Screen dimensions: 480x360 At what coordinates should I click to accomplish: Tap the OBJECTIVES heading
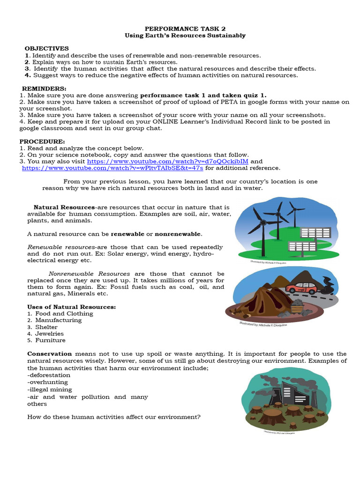(46, 48)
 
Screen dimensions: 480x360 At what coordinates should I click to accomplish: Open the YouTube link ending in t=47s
(112, 168)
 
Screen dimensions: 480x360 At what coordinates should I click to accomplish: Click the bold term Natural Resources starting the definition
(64, 207)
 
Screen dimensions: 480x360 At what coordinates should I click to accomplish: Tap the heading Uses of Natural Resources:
(71, 307)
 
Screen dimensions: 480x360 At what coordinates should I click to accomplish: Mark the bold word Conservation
(49, 354)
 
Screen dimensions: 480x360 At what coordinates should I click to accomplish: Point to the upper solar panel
(315, 232)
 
